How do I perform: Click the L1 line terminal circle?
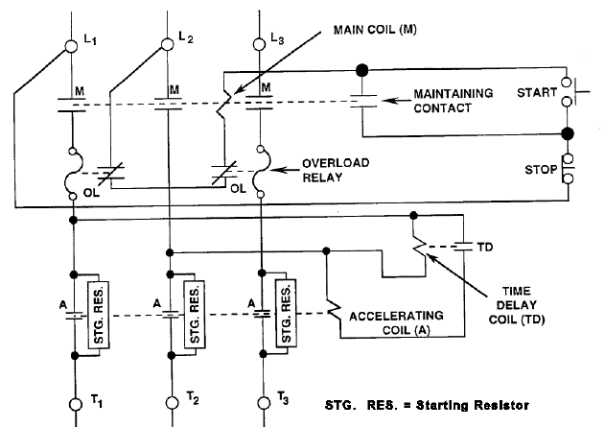point(71,46)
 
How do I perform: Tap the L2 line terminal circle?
point(167,44)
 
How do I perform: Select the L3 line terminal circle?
point(259,44)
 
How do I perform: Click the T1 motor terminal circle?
point(76,404)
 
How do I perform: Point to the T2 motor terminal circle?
point(173,403)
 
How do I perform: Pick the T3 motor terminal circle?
point(264,403)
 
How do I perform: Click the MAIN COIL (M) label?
point(375,30)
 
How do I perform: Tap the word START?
point(537,93)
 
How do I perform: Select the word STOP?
point(541,170)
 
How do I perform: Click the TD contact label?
point(485,248)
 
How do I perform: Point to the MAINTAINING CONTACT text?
point(454,101)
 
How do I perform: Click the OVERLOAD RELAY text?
point(336,170)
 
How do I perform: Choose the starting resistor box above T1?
point(99,315)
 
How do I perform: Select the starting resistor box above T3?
point(286,313)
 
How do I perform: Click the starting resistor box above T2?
point(195,315)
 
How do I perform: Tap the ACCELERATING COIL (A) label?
point(396,323)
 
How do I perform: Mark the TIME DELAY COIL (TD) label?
point(517,305)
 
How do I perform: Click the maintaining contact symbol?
point(362,101)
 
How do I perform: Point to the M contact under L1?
point(72,106)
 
